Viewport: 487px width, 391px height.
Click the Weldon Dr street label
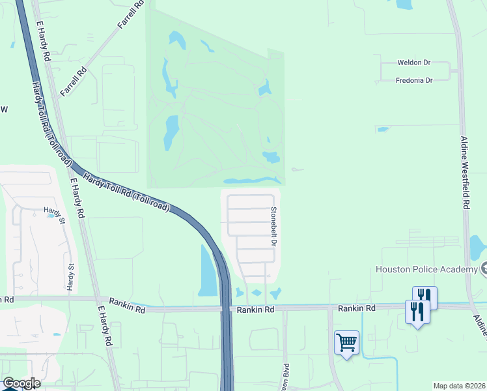(x=414, y=63)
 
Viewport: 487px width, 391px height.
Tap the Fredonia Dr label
(x=414, y=80)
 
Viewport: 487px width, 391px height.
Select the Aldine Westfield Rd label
(x=465, y=173)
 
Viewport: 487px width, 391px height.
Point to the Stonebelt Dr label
(x=274, y=226)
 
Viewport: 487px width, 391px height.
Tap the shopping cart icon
(x=346, y=341)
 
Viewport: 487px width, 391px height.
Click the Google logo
(x=21, y=383)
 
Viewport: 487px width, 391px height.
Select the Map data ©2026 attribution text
(x=459, y=386)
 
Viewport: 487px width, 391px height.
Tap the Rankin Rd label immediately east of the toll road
(x=252, y=310)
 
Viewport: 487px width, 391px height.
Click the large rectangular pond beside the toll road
(x=207, y=271)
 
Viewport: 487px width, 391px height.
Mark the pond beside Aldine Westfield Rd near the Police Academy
(x=477, y=247)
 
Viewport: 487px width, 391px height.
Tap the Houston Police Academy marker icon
(x=484, y=269)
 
